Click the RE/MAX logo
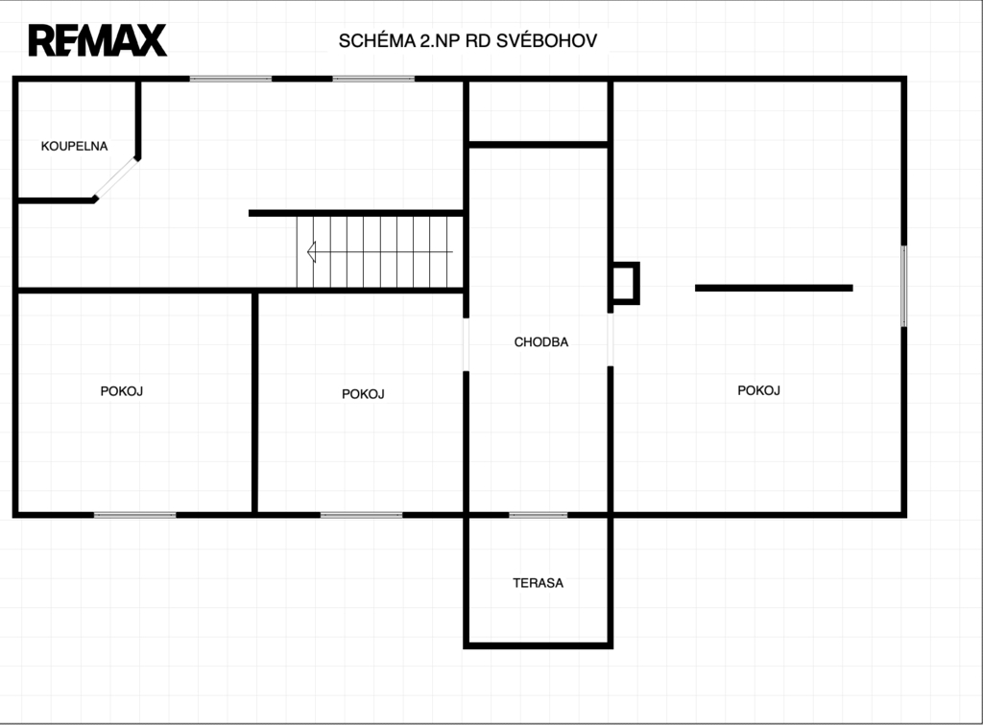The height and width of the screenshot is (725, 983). tap(98, 40)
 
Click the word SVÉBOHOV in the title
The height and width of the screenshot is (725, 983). tap(546, 40)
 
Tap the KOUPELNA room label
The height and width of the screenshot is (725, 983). tap(74, 146)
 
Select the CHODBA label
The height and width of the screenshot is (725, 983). tap(541, 341)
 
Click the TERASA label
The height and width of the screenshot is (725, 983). tap(538, 583)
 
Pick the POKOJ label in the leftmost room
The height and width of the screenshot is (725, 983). tap(122, 391)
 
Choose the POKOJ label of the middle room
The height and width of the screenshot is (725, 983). tap(363, 394)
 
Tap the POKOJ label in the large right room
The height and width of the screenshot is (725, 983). tap(758, 390)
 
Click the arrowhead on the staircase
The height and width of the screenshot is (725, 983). tap(312, 251)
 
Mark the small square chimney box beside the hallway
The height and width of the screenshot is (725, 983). tap(625, 284)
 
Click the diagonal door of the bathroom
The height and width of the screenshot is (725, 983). tap(116, 178)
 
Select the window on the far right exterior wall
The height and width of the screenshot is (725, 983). tap(904, 286)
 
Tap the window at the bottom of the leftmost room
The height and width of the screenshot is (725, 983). tap(134, 515)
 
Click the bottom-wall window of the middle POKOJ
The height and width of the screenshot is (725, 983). tap(362, 515)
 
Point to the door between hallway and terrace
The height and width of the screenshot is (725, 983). tap(538, 515)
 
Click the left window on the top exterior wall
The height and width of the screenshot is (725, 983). tap(230, 79)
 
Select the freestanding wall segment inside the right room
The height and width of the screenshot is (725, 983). tap(774, 288)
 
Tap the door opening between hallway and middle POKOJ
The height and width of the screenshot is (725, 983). tap(466, 344)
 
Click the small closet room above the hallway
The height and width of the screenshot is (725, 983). tap(538, 111)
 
